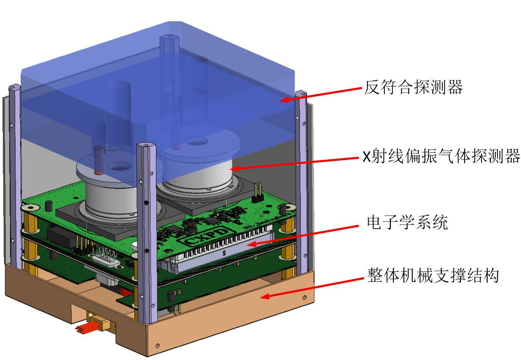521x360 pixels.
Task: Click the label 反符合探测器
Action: [413, 87]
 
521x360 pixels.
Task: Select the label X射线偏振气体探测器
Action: [441, 156]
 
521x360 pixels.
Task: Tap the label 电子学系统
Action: [407, 222]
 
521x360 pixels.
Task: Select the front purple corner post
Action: [146, 229]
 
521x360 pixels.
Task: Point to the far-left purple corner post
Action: [15, 174]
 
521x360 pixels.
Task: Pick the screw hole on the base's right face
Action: [304, 298]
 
